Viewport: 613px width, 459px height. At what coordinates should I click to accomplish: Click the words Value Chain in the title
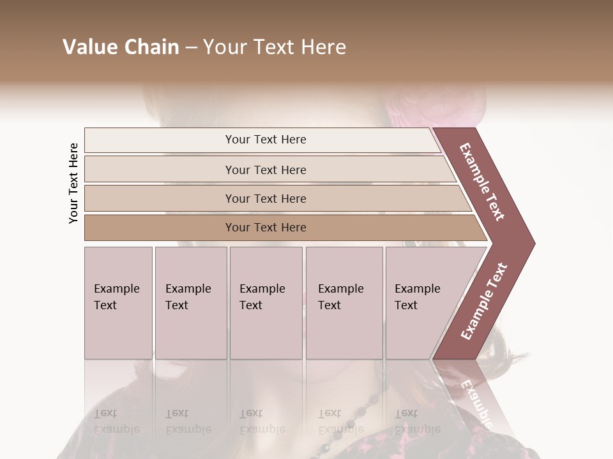click(121, 47)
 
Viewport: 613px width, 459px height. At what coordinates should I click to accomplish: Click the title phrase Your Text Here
click(275, 47)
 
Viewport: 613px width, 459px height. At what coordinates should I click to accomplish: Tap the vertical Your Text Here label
click(73, 184)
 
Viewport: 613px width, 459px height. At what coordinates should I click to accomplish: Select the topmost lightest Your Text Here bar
click(265, 140)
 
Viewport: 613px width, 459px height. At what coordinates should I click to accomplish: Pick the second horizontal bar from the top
click(265, 170)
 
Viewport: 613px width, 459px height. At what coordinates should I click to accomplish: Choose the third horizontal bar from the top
click(265, 198)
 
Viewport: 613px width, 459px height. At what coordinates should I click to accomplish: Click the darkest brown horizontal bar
click(265, 228)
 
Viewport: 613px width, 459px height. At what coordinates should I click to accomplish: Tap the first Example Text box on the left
click(118, 302)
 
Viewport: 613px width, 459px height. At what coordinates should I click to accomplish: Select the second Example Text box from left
click(190, 302)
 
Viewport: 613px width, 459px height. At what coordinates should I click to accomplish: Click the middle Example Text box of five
click(266, 302)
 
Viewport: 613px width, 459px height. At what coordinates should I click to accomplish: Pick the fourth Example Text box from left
click(344, 302)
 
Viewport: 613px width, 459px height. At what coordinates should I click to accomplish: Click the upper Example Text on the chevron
click(482, 182)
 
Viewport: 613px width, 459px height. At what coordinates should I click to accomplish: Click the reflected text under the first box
click(116, 421)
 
